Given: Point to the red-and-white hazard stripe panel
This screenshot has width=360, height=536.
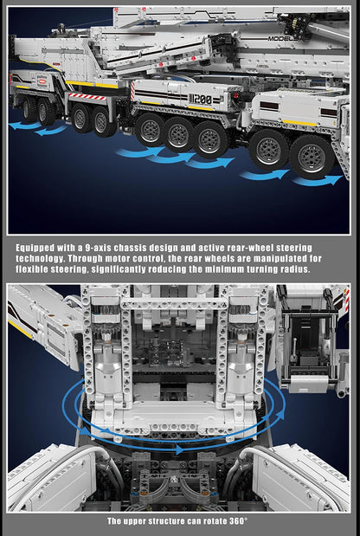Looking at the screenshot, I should tap(87, 96).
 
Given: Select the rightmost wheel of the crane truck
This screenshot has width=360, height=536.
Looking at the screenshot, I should tap(312, 156).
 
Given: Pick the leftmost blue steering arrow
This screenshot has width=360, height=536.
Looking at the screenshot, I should tap(23, 126).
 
